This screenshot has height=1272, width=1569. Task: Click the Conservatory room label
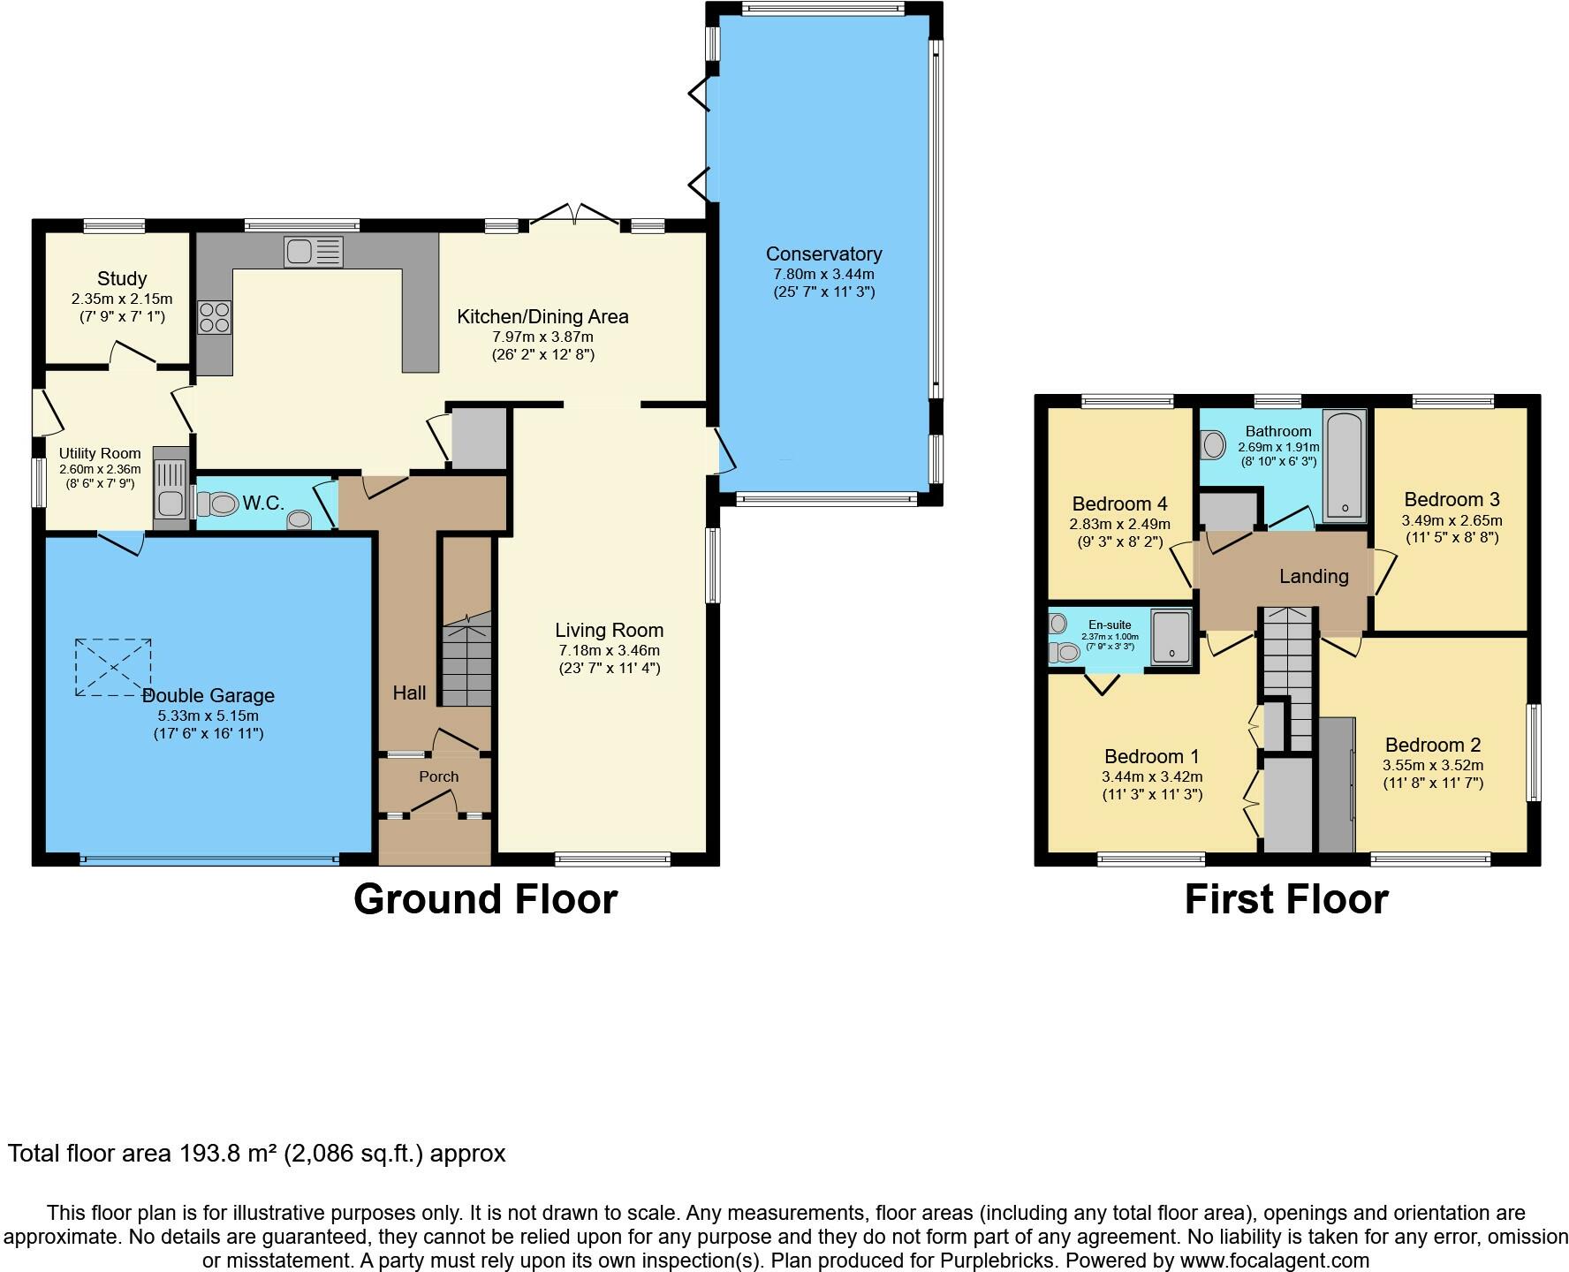[x=823, y=254]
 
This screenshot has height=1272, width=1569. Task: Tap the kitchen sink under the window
[x=314, y=252]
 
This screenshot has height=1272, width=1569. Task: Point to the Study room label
[x=122, y=279]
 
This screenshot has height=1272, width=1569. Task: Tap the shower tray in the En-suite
[x=1171, y=635]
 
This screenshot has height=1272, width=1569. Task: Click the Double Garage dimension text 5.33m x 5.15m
[x=208, y=715]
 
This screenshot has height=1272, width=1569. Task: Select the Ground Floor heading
[x=485, y=899]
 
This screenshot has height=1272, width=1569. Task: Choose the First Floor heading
[x=1286, y=899]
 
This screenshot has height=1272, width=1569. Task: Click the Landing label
[x=1314, y=577]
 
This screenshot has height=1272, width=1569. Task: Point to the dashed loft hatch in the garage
[x=113, y=668]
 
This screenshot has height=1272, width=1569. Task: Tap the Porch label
[x=439, y=776]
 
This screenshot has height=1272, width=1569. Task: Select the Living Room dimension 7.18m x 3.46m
[x=610, y=650]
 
